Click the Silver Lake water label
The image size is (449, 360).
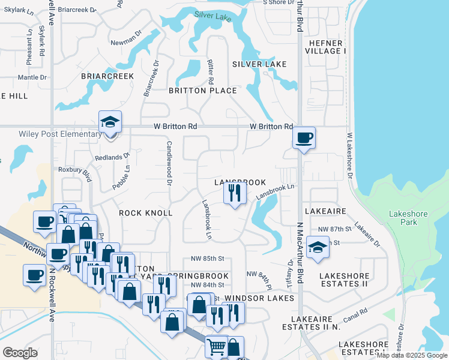[x=213, y=17]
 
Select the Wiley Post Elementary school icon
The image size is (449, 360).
[x=110, y=123]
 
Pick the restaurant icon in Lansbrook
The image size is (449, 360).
[x=234, y=193]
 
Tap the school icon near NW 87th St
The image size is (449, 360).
[x=317, y=247]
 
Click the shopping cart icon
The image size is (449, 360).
[x=216, y=346]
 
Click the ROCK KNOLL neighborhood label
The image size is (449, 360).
[x=146, y=213]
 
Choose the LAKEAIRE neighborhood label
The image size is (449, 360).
[x=325, y=212]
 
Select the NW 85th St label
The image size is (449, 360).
[x=207, y=259]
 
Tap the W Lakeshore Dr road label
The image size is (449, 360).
[x=349, y=156]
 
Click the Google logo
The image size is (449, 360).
[x=20, y=353]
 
